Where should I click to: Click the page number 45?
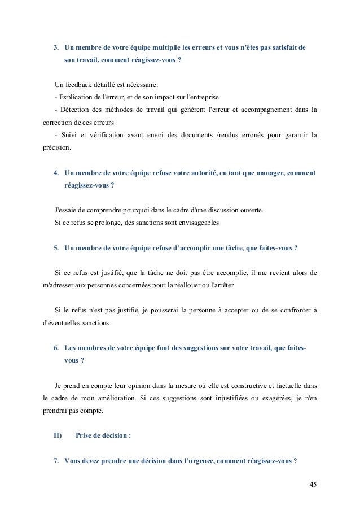[x=313, y=485]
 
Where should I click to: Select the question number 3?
[x=55, y=47]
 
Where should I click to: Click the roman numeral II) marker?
[x=58, y=435]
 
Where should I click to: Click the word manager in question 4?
[x=264, y=173]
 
